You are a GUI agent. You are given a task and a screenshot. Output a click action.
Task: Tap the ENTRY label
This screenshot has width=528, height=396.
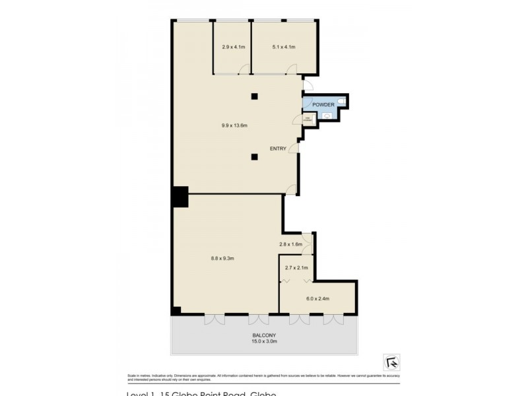click(278, 148)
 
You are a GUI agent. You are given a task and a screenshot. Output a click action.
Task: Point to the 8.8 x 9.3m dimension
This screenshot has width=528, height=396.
click(223, 257)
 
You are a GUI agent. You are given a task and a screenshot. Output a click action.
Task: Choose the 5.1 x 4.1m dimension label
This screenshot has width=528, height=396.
click(283, 47)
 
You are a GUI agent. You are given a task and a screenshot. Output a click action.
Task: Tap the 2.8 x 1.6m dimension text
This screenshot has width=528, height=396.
click(290, 244)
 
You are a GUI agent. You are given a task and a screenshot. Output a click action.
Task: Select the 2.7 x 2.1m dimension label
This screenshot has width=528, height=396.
click(296, 267)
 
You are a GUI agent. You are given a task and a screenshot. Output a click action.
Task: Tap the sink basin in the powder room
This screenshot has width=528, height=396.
click(328, 117)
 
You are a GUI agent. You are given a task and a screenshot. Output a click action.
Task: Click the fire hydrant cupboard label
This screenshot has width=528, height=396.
click(308, 119)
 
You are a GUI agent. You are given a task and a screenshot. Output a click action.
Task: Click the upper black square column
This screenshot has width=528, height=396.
click(254, 97)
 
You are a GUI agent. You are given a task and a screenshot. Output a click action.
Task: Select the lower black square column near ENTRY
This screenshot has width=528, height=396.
click(254, 156)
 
